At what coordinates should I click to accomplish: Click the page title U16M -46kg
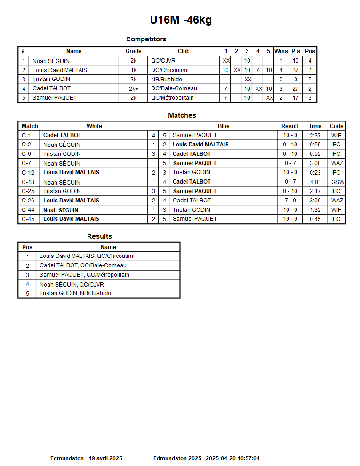tap(181, 20)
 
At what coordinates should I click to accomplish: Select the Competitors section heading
tap(146, 39)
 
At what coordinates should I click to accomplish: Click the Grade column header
tap(133, 51)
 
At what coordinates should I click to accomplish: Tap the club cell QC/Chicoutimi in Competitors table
tap(169, 70)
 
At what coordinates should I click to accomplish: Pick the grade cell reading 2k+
tap(133, 88)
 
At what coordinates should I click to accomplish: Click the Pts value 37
tap(295, 70)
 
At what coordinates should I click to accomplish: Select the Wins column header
tap(281, 51)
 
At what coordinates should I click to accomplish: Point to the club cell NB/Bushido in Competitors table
tap(166, 80)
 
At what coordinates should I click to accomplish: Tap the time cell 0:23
tap(315, 172)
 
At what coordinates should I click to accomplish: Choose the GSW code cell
tap(337, 182)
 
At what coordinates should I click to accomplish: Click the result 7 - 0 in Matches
tap(290, 201)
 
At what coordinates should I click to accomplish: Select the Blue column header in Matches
tap(224, 126)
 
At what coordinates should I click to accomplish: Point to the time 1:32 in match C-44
tap(315, 210)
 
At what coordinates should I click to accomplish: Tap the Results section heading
tap(99, 236)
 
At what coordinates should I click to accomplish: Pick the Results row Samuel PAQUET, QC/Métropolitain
tap(84, 275)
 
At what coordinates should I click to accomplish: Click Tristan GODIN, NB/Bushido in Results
tap(75, 293)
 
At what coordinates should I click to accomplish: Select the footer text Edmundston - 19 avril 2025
tap(86, 458)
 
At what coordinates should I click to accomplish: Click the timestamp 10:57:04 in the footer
tap(249, 458)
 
